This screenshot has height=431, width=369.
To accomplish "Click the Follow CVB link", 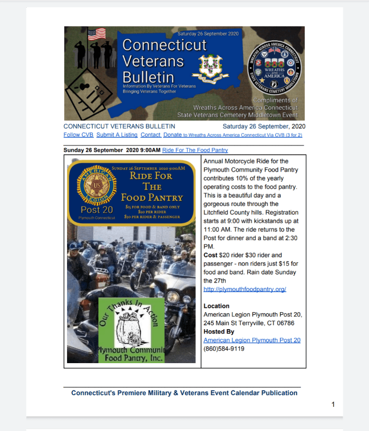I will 78,135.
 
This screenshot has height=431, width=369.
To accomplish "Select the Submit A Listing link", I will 117,135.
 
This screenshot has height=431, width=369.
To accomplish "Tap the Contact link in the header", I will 151,135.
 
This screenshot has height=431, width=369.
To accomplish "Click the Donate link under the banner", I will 172,135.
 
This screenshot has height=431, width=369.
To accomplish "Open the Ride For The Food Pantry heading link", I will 195,150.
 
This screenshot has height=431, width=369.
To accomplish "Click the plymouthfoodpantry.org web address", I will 245,289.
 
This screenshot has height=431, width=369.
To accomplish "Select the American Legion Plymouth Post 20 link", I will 252,340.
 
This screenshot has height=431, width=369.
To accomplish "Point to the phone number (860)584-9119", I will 224,349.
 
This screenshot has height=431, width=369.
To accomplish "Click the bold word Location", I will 217,306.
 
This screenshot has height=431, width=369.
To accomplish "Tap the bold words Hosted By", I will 218,332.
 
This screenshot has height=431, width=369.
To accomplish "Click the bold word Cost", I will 211,255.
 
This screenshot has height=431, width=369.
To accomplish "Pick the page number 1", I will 333,404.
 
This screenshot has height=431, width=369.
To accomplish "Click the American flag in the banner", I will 97,34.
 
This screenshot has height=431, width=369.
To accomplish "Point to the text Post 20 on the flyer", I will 97,210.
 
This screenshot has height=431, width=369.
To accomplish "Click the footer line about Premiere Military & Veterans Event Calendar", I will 184,393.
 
